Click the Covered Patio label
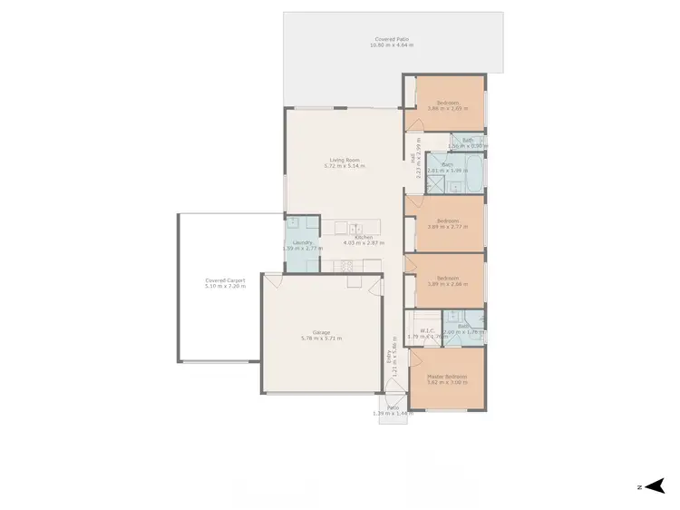393,39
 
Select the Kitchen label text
364,238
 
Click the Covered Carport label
226,281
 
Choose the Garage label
321,332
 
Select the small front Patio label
393,407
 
